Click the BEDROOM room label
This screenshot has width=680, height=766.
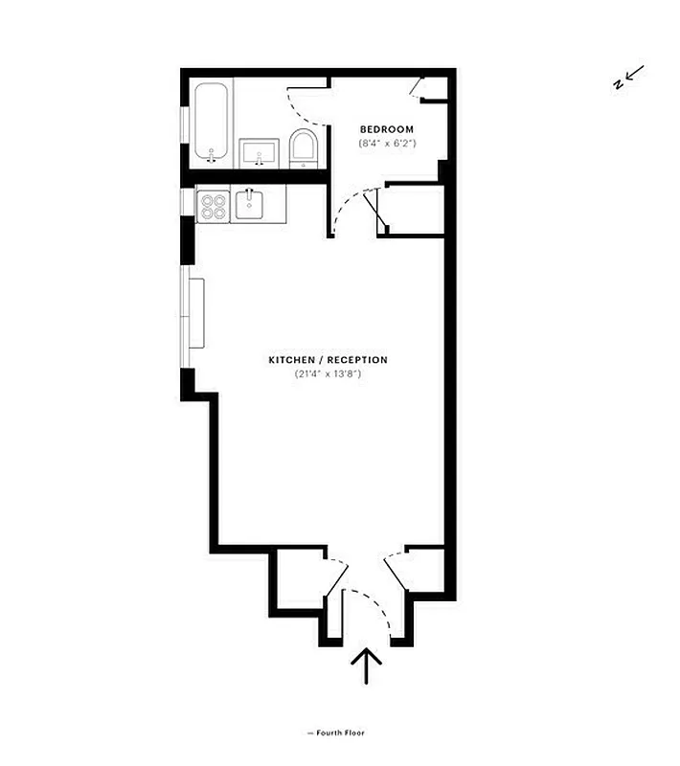[x=386, y=129]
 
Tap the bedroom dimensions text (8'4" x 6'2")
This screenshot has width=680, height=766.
[x=386, y=144]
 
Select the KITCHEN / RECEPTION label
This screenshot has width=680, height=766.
[x=328, y=360]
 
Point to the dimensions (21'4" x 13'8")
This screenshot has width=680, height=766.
[x=328, y=374]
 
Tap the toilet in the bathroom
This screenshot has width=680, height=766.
[x=304, y=149]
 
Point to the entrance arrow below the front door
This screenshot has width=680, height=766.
[x=366, y=665]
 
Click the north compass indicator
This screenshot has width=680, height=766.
[x=628, y=78]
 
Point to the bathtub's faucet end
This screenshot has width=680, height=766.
[x=211, y=156]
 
